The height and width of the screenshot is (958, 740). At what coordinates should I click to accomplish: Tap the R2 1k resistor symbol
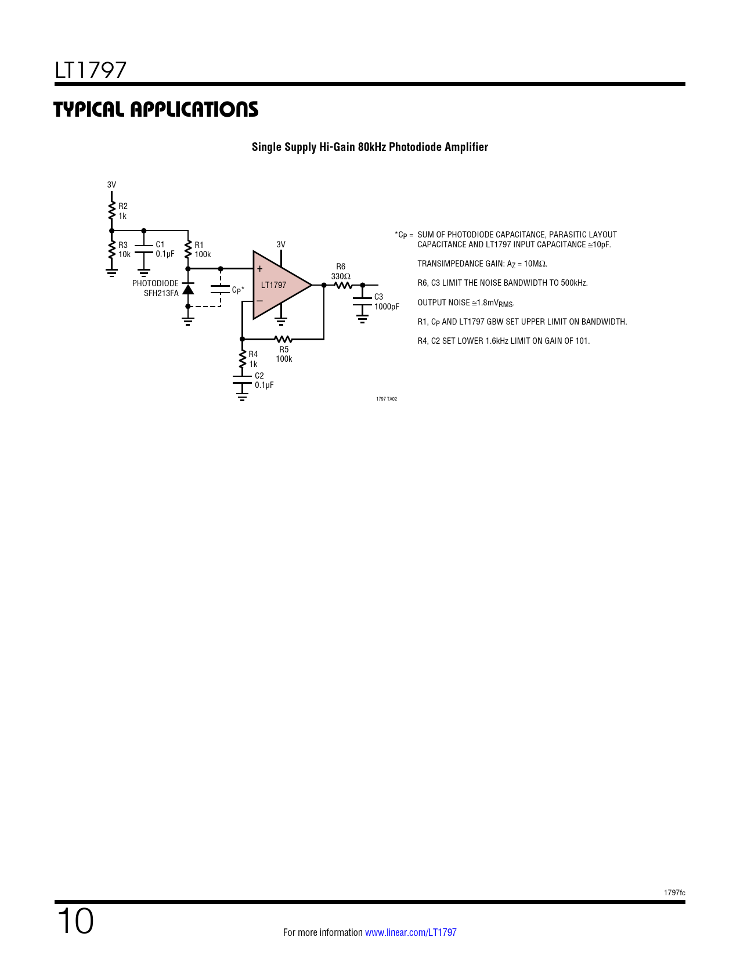pyautogui.click(x=112, y=211)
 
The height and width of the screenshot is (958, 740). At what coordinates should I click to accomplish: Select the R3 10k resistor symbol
pyautogui.click(x=112, y=250)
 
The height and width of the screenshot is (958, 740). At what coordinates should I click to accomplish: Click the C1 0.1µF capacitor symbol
pyautogui.click(x=144, y=250)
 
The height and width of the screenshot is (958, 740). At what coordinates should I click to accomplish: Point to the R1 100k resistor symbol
pyautogui.click(x=188, y=250)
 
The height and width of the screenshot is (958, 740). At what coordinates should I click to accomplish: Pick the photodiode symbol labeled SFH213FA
pyautogui.click(x=188, y=289)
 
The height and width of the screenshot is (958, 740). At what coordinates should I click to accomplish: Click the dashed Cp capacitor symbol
pyautogui.click(x=221, y=289)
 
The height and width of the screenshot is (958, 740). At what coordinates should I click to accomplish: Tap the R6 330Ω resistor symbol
pyautogui.click(x=343, y=285)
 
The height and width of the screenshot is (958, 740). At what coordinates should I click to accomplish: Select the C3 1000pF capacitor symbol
pyautogui.click(x=363, y=301)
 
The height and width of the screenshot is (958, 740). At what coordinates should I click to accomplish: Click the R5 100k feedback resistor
pyautogui.click(x=283, y=339)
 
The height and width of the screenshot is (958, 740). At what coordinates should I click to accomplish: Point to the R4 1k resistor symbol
pyautogui.click(x=243, y=359)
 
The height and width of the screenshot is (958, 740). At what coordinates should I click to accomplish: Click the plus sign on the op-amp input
pyautogui.click(x=260, y=269)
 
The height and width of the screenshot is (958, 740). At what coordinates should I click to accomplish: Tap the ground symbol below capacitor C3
pyautogui.click(x=363, y=318)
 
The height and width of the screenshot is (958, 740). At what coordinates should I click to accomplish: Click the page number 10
pyautogui.click(x=75, y=921)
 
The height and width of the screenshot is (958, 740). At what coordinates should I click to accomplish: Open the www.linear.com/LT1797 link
pyautogui.click(x=410, y=932)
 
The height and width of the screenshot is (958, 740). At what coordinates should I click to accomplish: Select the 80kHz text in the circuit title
pyautogui.click(x=371, y=147)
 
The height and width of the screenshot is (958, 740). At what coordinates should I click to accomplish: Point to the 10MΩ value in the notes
pyautogui.click(x=535, y=264)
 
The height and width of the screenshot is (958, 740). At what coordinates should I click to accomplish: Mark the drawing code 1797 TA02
pyautogui.click(x=387, y=399)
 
